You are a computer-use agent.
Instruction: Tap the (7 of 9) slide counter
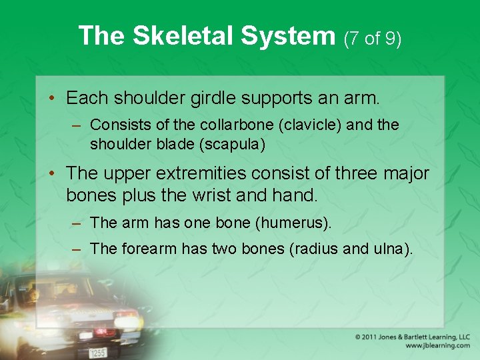[x=373, y=38]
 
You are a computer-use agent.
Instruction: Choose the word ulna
[x=390, y=249]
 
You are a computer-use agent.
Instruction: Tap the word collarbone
[x=235, y=125]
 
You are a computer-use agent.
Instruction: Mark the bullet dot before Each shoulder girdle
[x=51, y=99]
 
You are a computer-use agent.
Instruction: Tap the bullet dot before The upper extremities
[x=51, y=174]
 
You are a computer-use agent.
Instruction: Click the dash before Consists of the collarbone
[x=77, y=125]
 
